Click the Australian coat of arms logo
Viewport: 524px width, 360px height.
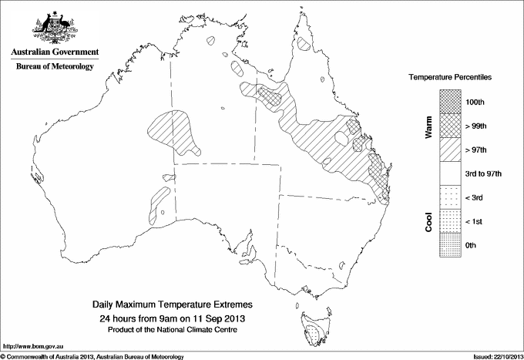point(54,27)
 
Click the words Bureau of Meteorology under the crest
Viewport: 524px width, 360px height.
point(54,66)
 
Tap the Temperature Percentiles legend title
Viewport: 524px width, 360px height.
point(451,78)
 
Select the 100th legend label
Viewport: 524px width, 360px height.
point(475,101)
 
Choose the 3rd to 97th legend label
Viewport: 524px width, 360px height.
point(484,173)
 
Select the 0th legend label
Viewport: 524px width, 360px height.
point(472,245)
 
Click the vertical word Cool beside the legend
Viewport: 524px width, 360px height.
point(428,221)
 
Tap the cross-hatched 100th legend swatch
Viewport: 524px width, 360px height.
point(450,101)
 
